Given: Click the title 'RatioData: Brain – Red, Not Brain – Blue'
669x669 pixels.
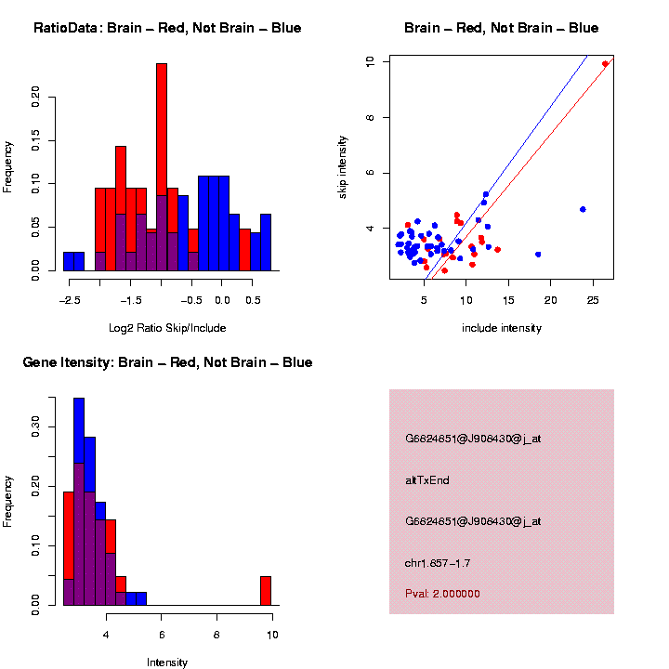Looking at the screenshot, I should [x=167, y=28].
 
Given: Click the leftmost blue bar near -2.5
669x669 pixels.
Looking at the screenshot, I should [x=73, y=261].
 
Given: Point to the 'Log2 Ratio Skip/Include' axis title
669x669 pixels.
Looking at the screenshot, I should [x=167, y=328].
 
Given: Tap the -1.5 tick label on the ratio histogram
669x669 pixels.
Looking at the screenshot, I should [x=131, y=300].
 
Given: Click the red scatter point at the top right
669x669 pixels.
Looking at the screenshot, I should [x=605, y=64].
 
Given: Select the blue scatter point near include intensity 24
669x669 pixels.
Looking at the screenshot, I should [x=583, y=209].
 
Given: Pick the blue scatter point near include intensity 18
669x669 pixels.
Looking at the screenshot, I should [x=538, y=254].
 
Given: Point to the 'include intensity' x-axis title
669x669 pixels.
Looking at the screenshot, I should [x=502, y=328].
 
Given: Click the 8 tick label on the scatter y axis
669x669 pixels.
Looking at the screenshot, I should [x=371, y=117].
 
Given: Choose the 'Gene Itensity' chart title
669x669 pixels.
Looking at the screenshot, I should [x=167, y=362].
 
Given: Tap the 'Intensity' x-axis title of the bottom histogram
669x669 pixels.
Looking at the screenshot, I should [x=167, y=662].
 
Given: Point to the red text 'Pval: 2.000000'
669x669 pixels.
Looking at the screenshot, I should [x=442, y=593].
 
